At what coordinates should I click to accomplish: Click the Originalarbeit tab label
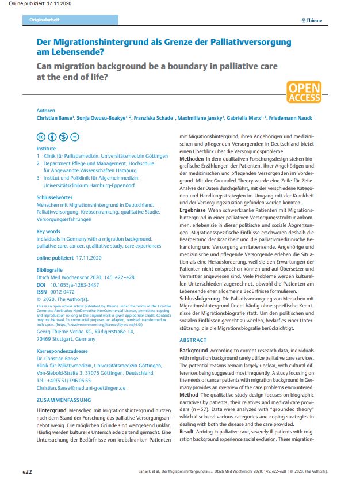[44, 20]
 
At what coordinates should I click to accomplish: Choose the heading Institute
[47, 148]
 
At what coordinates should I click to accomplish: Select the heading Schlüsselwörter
[55, 197]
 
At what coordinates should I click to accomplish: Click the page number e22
[27, 472]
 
